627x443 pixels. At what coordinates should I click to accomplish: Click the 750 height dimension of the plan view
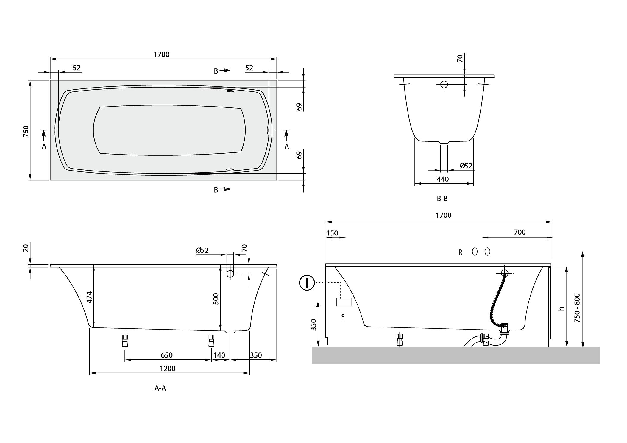pos(26,131)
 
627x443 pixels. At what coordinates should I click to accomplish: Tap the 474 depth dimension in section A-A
pos(89,297)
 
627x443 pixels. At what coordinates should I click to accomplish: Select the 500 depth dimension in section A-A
pos(216,299)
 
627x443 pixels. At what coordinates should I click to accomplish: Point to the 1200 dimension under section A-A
pos(168,369)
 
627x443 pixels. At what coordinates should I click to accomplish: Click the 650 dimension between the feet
pos(167,355)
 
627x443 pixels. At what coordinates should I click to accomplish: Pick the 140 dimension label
pos(219,355)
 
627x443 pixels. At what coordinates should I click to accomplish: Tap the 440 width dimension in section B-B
pos(443,179)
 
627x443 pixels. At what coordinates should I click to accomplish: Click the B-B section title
pos(442,199)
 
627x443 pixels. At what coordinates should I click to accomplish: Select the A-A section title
pos(160,388)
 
